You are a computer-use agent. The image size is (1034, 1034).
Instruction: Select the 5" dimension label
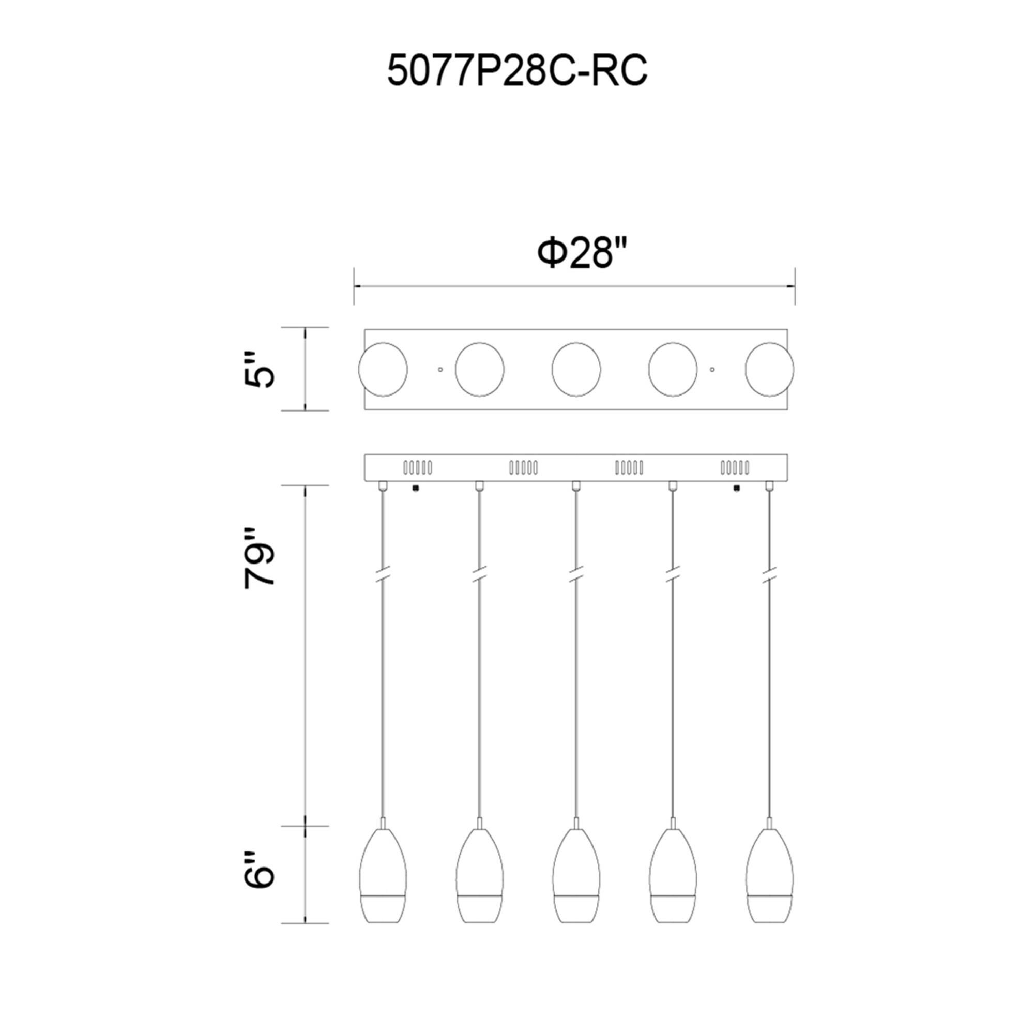tap(259, 369)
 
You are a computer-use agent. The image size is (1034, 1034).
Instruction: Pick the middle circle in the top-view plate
tap(576, 370)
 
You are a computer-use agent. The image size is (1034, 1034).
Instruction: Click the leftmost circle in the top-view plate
tap(383, 370)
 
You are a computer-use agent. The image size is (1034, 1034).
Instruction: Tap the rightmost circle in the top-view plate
tap(770, 370)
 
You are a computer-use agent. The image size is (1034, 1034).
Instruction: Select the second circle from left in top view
tap(480, 370)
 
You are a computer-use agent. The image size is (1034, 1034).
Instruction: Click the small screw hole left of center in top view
tap(440, 369)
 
